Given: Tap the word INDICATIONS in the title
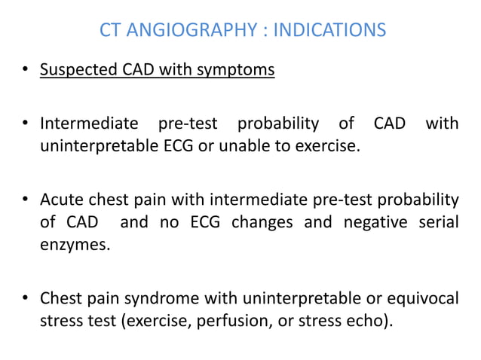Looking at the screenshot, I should (329, 31).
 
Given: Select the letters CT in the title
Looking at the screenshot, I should (110, 31).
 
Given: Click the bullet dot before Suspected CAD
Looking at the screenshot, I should (26, 72).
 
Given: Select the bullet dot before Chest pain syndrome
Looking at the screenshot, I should (26, 299).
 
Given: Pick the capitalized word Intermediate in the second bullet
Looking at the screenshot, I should (89, 123).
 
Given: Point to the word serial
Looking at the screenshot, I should (437, 223).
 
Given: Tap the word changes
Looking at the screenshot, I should (260, 223).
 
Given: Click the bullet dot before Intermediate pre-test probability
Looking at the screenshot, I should (26, 124).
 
